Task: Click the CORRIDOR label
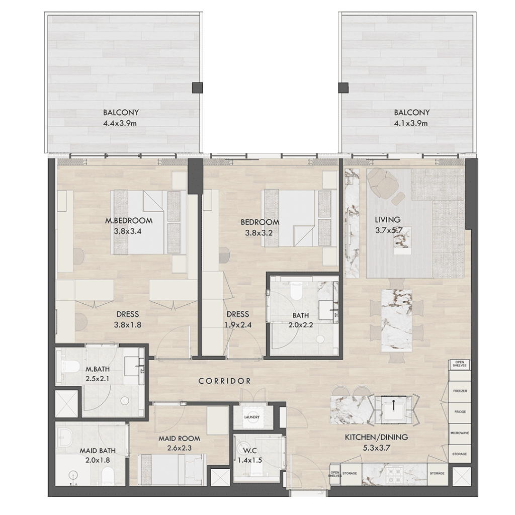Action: pos(225,381)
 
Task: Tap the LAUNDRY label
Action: pos(252,417)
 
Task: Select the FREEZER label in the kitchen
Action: pos(460,391)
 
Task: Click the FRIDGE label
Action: pos(460,412)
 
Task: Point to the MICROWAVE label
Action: pos(460,433)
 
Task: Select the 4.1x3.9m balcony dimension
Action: pos(411,124)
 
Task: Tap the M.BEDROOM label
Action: pos(129,221)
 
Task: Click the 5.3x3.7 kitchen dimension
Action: pos(376,448)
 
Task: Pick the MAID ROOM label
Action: pos(180,439)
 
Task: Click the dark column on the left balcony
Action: pos(197,88)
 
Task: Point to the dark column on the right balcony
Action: pos(343,88)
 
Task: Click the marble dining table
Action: pos(396,320)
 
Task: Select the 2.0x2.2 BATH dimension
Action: pos(301,325)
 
